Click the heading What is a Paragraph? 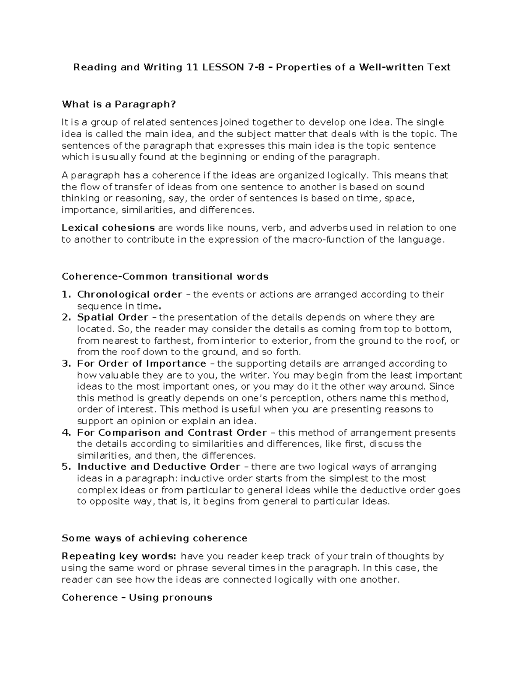point(119,104)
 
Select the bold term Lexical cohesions point(108,228)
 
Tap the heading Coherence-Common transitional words point(165,277)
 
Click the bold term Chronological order point(129,295)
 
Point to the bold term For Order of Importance point(141,364)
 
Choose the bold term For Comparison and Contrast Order point(171,433)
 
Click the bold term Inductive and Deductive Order point(158,467)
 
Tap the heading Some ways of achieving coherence point(154,538)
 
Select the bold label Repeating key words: point(119,557)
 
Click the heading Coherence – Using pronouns point(137,598)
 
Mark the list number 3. point(66,364)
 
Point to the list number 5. point(66,467)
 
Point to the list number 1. point(66,295)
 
